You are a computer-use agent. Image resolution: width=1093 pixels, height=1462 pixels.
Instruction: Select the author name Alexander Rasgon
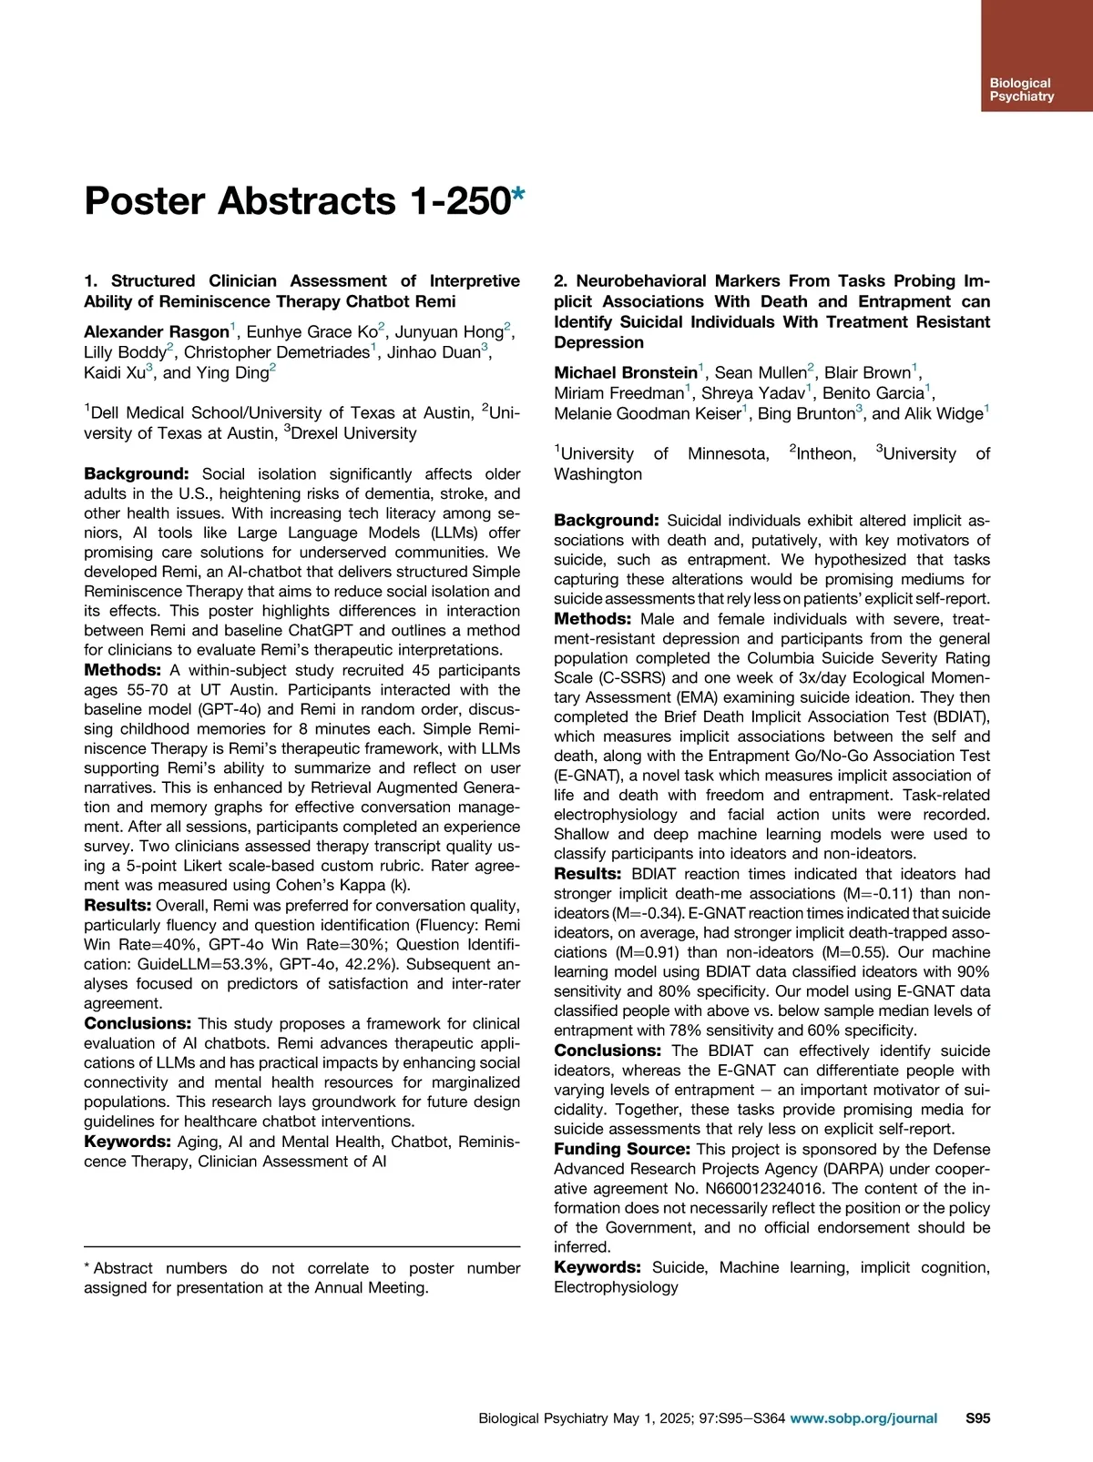pos(156,332)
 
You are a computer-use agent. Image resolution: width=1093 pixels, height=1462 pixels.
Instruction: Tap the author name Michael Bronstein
pos(625,373)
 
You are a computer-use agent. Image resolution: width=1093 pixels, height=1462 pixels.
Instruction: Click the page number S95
pos(977,1417)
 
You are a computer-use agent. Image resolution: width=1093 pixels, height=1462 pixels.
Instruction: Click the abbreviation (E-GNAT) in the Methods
pos(590,776)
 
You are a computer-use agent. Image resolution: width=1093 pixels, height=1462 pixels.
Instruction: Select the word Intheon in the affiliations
pos(826,453)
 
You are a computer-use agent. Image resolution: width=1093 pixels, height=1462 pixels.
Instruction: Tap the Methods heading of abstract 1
pos(123,670)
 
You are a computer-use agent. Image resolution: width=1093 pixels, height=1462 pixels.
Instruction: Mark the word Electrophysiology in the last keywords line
pos(616,1287)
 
